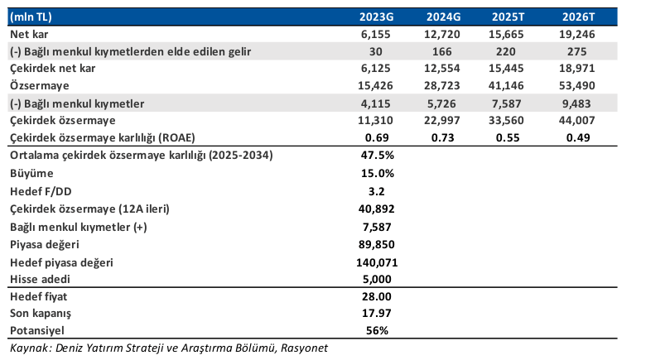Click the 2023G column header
376,17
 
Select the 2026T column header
578,17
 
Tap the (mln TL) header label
31,17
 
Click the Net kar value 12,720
441,34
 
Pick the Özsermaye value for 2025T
506,85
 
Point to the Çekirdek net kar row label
52,69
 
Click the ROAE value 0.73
442,137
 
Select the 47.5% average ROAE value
377,155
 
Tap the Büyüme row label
31,174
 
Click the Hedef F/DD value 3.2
377,191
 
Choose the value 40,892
376,209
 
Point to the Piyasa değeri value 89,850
376,244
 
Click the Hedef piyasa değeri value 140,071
377,262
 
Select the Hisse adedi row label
40,279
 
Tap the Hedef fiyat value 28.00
377,296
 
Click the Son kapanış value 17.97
377,313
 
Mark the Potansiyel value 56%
377,330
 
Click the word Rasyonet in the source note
304,348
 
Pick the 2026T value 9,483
577,103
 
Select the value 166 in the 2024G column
441,51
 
